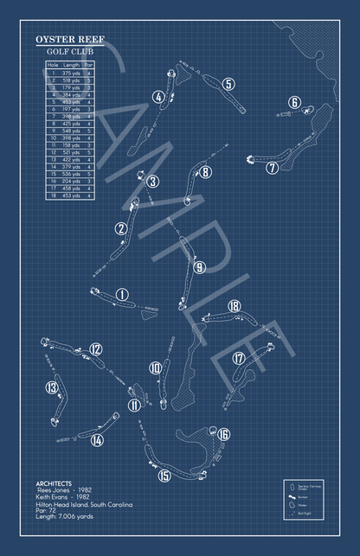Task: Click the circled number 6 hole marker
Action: [295, 103]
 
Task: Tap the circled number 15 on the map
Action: [164, 475]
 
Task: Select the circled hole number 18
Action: [234, 306]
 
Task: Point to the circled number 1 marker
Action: [122, 295]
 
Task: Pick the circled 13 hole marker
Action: [53, 387]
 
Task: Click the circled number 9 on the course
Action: [199, 268]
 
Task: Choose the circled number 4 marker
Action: [158, 98]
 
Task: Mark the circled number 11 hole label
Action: [134, 405]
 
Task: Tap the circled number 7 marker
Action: [273, 168]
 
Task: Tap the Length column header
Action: [72, 65]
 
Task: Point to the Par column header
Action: [89, 65]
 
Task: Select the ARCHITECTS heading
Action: [55, 483]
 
